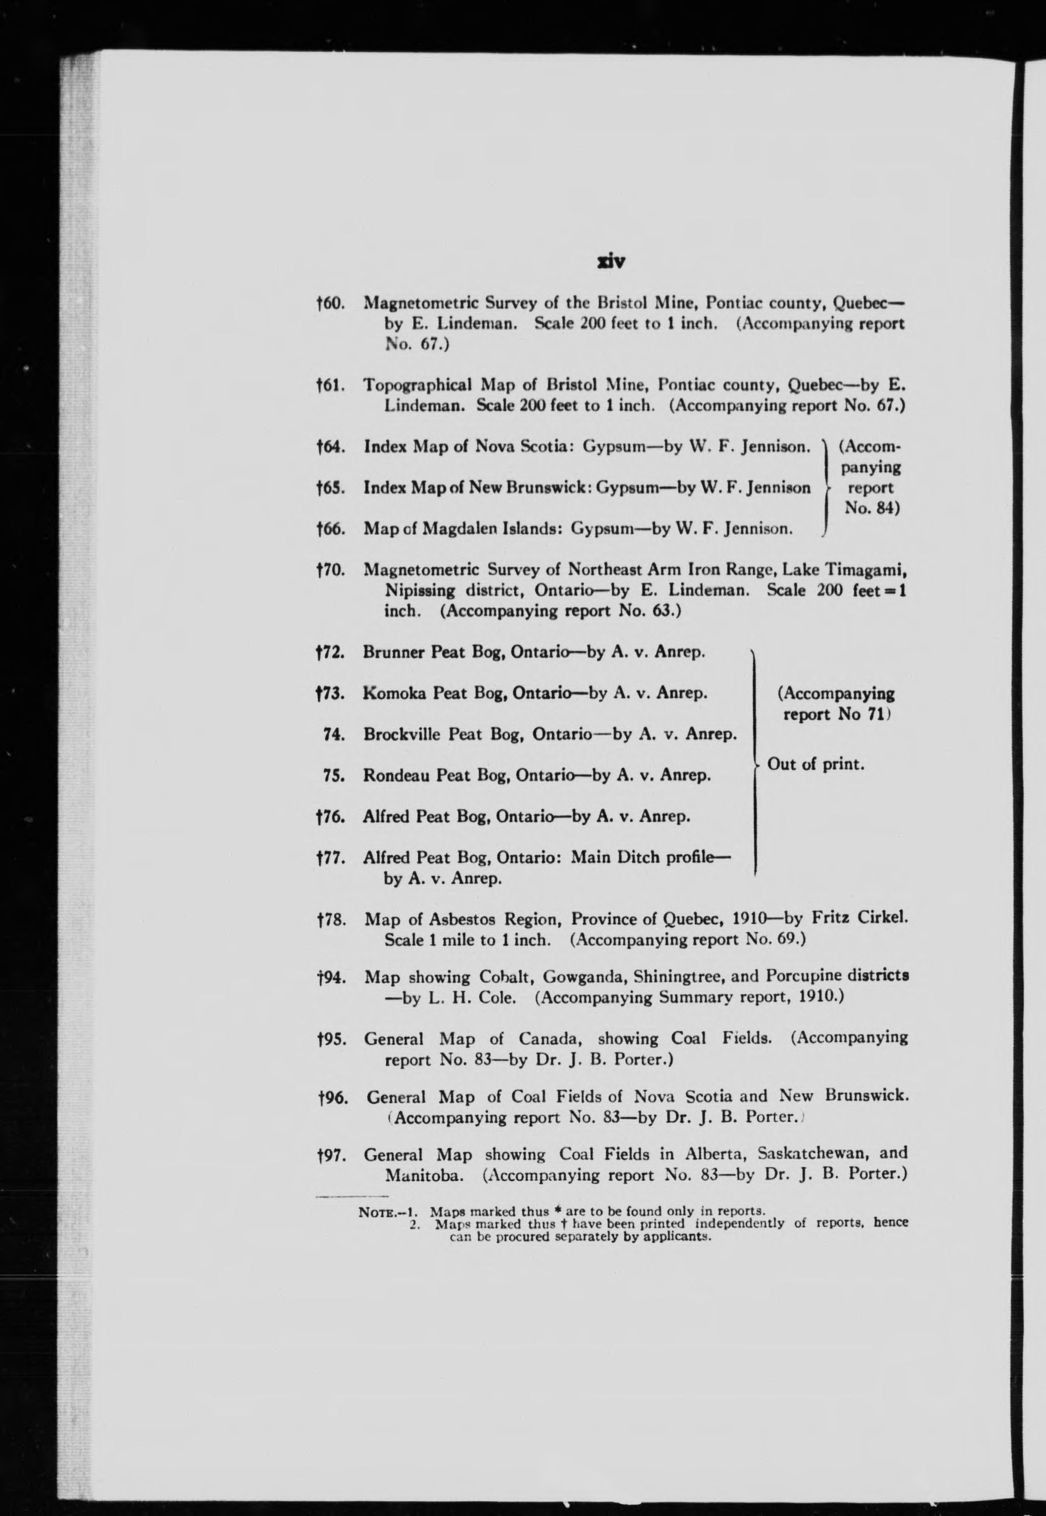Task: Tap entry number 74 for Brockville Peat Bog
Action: pyautogui.click(x=334, y=735)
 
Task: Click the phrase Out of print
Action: pyautogui.click(x=815, y=764)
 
